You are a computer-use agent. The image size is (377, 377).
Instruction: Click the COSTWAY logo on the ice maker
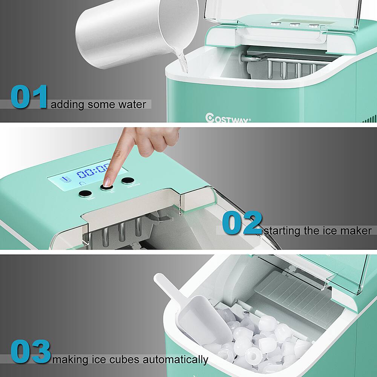[228, 118]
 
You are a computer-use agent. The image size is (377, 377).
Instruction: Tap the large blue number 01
[29, 97]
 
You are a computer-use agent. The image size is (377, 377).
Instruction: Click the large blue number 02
[242, 223]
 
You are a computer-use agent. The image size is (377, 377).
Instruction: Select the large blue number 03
[31, 351]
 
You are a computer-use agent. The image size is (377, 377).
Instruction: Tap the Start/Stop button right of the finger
[128, 181]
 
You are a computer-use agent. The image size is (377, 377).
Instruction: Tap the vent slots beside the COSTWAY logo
[369, 118]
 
